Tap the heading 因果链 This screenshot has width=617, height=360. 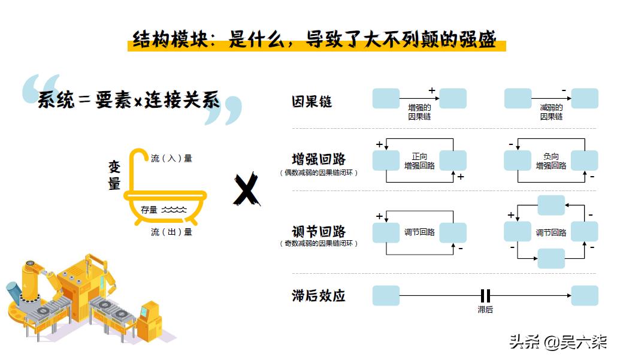pyautogui.click(x=311, y=102)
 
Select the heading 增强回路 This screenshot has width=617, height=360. pyautogui.click(x=319, y=159)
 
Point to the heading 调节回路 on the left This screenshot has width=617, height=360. pyautogui.click(x=319, y=231)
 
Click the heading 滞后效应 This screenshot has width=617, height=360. pyautogui.click(x=319, y=295)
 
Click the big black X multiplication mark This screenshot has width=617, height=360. pyautogui.click(x=246, y=190)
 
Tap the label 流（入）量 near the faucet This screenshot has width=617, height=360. pyautogui.click(x=171, y=159)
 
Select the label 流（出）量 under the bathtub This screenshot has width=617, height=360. pyautogui.click(x=171, y=232)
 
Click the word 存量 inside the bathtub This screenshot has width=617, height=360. pyautogui.click(x=149, y=210)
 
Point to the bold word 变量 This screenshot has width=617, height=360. pyautogui.click(x=114, y=176)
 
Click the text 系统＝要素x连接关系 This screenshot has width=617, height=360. pyautogui.click(x=129, y=101)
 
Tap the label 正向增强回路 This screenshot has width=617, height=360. pyautogui.click(x=419, y=161)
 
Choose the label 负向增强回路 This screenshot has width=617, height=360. pyautogui.click(x=551, y=161)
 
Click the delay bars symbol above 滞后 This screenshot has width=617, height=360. pyautogui.click(x=485, y=295)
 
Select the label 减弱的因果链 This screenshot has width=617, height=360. pyautogui.click(x=551, y=112)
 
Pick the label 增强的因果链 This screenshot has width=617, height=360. pyautogui.click(x=419, y=112)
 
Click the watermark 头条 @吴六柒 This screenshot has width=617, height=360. pyautogui.click(x=558, y=342)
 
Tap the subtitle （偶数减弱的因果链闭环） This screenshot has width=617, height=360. pyautogui.click(x=319, y=173)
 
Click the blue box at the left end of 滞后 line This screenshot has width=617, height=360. pyautogui.click(x=386, y=295)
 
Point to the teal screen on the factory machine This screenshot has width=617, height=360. pyautogui.click(x=144, y=311)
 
